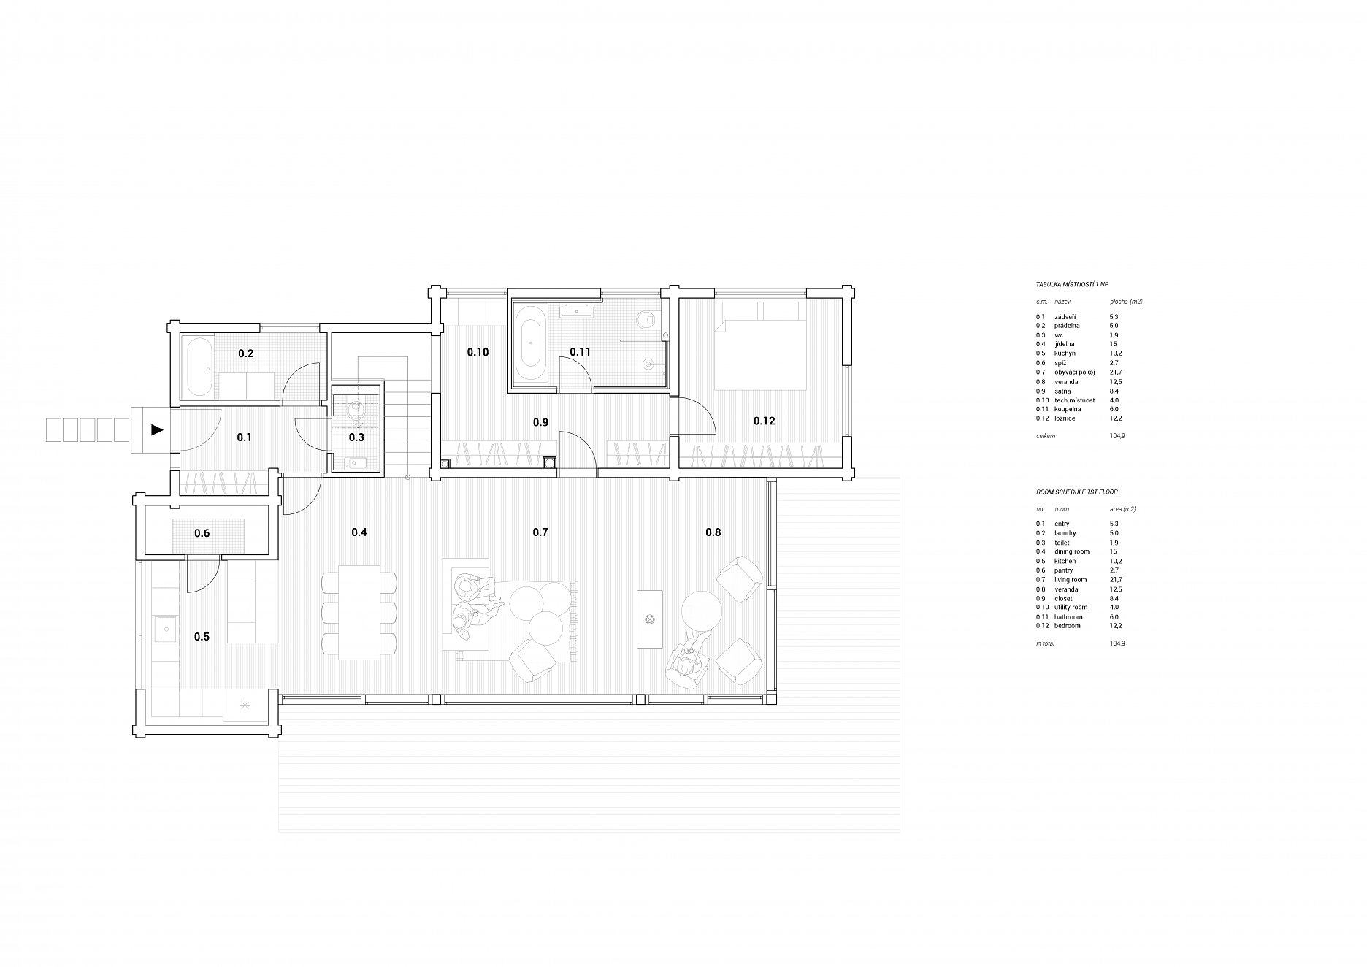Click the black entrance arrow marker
click(x=157, y=430)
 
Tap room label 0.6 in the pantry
click(x=202, y=534)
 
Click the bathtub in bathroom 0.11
click(x=527, y=343)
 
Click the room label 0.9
click(x=540, y=422)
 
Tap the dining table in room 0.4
click(x=359, y=612)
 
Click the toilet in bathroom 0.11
click(x=646, y=321)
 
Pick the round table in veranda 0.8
click(x=702, y=610)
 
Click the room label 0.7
click(x=540, y=532)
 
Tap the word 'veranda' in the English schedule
click(x=1067, y=589)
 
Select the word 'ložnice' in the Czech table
click(x=1065, y=418)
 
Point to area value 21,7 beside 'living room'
click(x=1114, y=580)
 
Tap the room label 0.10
click(x=478, y=352)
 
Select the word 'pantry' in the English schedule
click(x=1064, y=571)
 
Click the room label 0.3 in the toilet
click(x=356, y=437)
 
